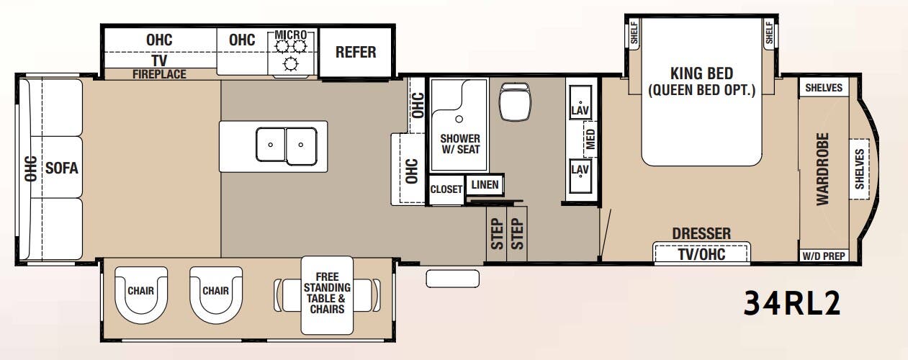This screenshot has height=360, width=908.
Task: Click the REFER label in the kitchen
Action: pyautogui.click(x=356, y=52)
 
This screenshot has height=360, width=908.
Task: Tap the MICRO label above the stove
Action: pyautogui.click(x=291, y=35)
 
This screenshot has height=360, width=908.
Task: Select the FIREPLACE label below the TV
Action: pyautogui.click(x=159, y=74)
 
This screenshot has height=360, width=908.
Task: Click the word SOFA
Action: pyautogui.click(x=62, y=168)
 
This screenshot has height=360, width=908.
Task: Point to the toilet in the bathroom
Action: pyautogui.click(x=514, y=102)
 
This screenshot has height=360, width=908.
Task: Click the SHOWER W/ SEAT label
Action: pyautogui.click(x=460, y=144)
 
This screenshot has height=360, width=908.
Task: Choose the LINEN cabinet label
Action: pyautogui.click(x=485, y=185)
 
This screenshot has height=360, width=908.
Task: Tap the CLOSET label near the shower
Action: pyautogui.click(x=446, y=189)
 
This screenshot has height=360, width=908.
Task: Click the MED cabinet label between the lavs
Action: pyautogui.click(x=590, y=139)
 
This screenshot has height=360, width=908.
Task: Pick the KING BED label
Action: pyautogui.click(x=701, y=73)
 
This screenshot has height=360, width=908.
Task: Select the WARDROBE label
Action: pyautogui.click(x=822, y=169)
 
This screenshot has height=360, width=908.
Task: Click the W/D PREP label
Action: pyautogui.click(x=824, y=256)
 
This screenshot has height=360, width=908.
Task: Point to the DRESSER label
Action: pyautogui.click(x=701, y=233)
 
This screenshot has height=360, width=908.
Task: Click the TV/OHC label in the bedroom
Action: pyautogui.click(x=701, y=255)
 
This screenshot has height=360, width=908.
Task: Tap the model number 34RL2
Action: pyautogui.click(x=791, y=303)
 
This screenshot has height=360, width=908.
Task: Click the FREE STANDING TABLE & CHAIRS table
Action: pyautogui.click(x=327, y=295)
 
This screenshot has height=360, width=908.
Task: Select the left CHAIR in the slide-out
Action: pyautogui.click(x=140, y=294)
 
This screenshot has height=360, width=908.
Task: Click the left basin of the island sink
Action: pyautogui.click(x=271, y=144)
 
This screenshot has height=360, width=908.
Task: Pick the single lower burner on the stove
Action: pyautogui.click(x=291, y=63)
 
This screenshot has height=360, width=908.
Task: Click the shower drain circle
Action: pyautogui.click(x=459, y=120)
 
